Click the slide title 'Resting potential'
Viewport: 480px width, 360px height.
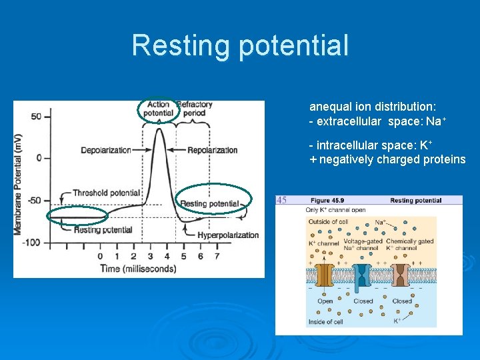tap(240, 45)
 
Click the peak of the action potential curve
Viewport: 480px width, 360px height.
tap(159, 129)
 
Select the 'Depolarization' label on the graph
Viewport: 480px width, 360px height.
tap(106, 150)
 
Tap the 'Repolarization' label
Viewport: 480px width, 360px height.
tap(213, 150)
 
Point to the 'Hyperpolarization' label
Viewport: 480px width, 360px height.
tap(228, 235)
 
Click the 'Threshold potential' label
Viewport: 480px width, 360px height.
tap(107, 193)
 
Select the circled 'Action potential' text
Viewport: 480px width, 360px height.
tap(159, 109)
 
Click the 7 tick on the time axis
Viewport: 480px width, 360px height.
tap(217, 256)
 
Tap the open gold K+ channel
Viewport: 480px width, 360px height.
tap(325, 276)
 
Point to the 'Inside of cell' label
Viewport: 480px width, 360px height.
tap(325, 322)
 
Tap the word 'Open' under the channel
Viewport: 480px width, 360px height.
tap(325, 301)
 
